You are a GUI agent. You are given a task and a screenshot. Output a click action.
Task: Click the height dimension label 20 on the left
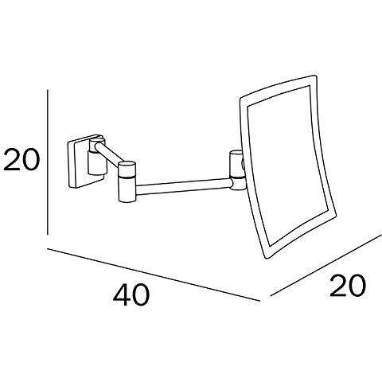pos(21,160)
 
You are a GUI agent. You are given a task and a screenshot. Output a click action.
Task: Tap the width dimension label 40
pos(131,294)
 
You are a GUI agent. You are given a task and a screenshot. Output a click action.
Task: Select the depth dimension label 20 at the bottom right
pos(348,286)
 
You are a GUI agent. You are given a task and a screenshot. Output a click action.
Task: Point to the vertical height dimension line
pos(48,162)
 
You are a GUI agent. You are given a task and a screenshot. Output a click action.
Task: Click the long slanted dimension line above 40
pos(153,275)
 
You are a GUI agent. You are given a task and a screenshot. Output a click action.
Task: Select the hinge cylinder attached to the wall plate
pos(96,157)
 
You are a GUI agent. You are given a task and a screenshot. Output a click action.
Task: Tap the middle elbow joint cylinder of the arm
pos(127,181)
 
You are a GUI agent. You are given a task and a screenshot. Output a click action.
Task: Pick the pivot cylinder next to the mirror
pos(237,170)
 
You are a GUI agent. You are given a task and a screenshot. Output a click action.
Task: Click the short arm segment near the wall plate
pos(111,153)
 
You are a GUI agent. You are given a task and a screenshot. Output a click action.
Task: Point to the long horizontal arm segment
pos(184,185)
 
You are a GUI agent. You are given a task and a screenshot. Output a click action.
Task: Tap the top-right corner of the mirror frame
pos(316,76)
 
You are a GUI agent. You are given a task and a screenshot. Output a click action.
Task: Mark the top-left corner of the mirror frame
pos(241,99)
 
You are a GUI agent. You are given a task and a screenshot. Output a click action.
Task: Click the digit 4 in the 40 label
pos(122,294)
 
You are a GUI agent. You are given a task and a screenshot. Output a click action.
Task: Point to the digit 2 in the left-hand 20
pos(12,160)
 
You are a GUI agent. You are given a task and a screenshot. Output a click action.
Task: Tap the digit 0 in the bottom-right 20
pos(357,286)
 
